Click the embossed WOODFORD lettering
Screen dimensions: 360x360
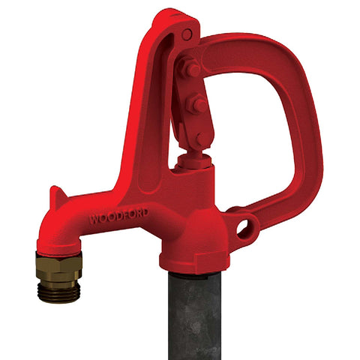click(118, 217)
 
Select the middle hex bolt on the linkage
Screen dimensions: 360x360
click(199, 104)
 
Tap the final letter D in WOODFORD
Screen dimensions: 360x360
click(145, 214)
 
